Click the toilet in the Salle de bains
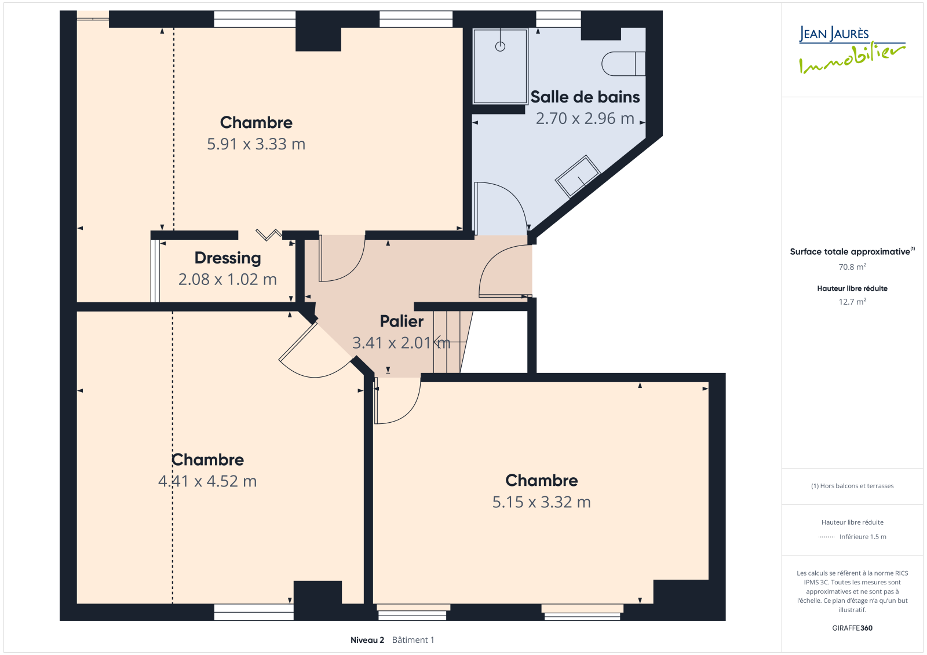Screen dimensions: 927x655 (x=623, y=64)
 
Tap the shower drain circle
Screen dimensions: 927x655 (x=500, y=47)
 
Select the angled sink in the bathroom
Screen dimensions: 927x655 (x=578, y=176)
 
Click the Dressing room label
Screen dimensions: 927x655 (x=228, y=258)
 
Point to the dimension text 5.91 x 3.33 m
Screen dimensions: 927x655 (x=256, y=144)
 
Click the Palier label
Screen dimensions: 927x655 (x=402, y=321)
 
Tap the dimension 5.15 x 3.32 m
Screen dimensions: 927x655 (x=541, y=502)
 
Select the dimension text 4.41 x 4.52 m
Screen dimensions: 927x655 (x=207, y=481)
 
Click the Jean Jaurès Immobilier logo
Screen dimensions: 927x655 (x=852, y=50)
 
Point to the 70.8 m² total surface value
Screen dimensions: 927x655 (x=852, y=267)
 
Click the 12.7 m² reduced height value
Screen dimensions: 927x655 (x=852, y=302)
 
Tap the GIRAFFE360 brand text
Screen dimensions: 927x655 (x=852, y=628)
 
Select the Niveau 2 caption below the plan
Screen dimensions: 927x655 (x=367, y=640)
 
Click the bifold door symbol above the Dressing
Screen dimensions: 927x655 (x=269, y=234)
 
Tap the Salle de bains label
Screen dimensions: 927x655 (x=585, y=97)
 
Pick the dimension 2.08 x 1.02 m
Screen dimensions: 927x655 (x=228, y=280)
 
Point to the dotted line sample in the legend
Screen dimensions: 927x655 (x=826, y=537)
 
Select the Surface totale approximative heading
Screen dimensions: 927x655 (x=850, y=251)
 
